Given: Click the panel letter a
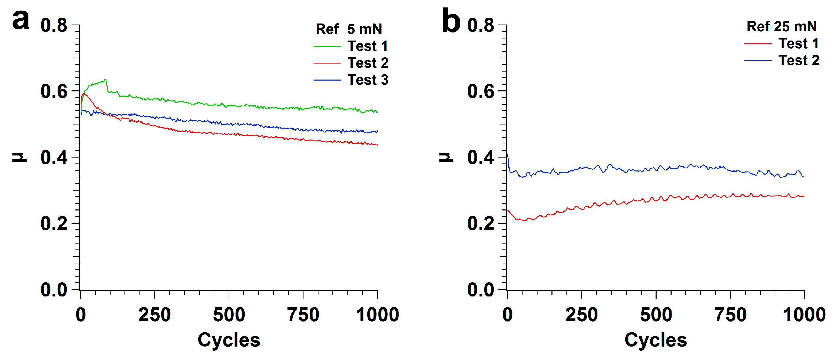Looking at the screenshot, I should point(21,20).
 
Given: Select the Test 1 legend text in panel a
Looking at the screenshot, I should point(368,46).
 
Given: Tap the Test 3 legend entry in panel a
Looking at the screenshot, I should point(368,80).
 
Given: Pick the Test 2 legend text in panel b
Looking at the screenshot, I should point(798,60).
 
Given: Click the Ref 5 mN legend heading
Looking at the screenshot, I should point(349,29).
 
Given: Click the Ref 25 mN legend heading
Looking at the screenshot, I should point(781,27).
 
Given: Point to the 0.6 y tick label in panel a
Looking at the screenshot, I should point(54,91).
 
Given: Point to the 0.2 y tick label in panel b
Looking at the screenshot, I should point(480,224).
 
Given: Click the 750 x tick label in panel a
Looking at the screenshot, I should point(303,315).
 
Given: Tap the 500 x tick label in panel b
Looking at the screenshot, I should point(656,315).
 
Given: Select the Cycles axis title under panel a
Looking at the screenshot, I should point(229,340).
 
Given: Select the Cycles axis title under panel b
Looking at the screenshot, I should point(656,340).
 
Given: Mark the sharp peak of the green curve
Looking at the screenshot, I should point(105,80).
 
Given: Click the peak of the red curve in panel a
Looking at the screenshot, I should point(84,94).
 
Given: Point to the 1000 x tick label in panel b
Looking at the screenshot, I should point(804,315).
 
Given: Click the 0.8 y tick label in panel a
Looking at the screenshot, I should point(54,26).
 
